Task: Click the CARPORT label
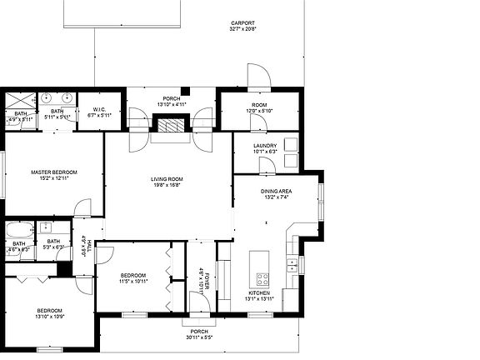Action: click(242, 23)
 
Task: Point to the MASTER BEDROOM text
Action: click(48, 172)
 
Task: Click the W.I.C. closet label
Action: click(98, 109)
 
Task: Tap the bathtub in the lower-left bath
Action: click(18, 230)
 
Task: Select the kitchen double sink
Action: click(293, 266)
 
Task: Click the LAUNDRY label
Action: click(266, 145)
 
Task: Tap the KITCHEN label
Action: click(257, 292)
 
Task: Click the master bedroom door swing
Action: click(82, 207)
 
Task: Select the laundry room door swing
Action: click(267, 166)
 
